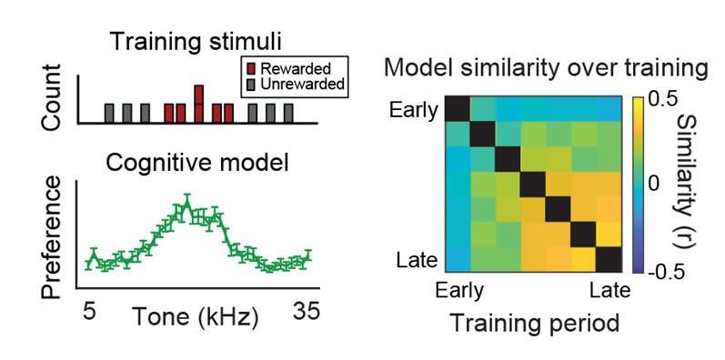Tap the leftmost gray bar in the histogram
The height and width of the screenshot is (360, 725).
point(109,113)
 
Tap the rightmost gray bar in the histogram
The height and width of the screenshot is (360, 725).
point(288,113)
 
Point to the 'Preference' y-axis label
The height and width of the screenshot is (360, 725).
point(53,238)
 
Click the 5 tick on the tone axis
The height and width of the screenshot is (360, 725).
point(89,312)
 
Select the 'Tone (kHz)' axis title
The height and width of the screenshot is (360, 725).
point(196,318)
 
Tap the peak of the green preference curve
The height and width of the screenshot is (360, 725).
point(186,207)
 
